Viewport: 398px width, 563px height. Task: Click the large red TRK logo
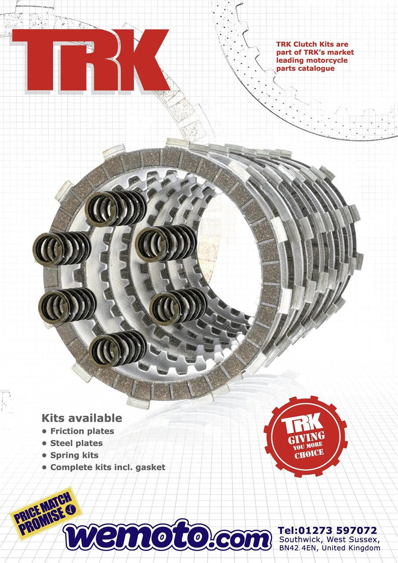click(90, 60)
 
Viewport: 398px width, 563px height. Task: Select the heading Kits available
click(82, 418)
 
